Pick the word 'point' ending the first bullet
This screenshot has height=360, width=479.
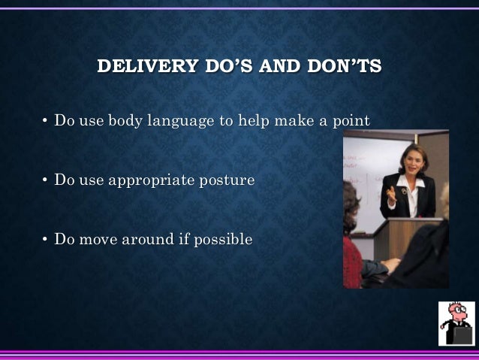351,122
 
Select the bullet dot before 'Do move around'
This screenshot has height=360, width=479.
45,240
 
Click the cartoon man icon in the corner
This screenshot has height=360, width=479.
456,323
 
